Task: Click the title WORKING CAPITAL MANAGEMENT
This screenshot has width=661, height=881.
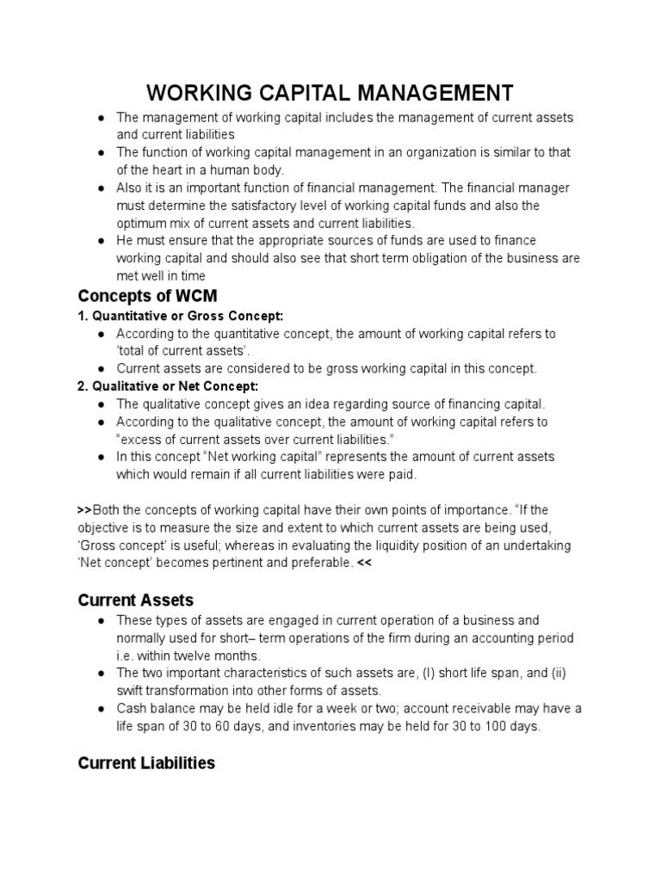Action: coord(330,92)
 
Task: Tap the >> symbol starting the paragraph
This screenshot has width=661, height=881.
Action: coord(84,510)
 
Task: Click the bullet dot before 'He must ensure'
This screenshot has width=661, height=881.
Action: coord(102,241)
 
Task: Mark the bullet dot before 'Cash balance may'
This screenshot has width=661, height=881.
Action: coord(102,709)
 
